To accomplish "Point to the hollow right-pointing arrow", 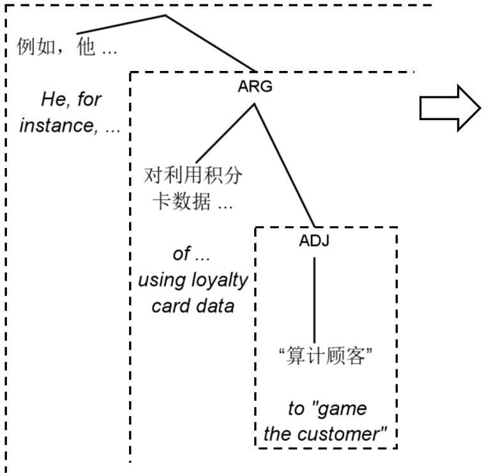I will tap(450, 110).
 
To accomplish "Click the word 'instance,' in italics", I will tap(54, 125).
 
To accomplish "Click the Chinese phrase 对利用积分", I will tap(194, 176).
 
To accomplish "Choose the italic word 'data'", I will tap(215, 306).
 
